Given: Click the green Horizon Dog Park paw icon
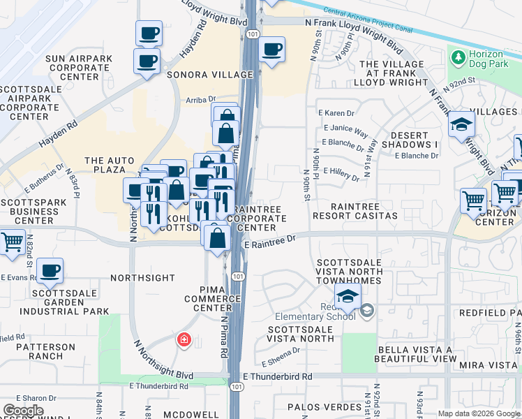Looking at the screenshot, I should (459, 56).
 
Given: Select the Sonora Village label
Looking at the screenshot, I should (209, 74).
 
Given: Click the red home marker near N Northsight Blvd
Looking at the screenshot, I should (184, 340).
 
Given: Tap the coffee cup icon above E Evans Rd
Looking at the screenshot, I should (50, 271).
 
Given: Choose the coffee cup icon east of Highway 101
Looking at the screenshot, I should (271, 50).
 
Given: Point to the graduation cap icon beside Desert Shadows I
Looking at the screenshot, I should (461, 124).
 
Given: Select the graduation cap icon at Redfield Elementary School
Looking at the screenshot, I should (348, 296).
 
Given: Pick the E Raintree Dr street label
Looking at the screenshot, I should (270, 239).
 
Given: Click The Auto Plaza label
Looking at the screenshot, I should (110, 165).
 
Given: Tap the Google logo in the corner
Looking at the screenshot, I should (23, 411).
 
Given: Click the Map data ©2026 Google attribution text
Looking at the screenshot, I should (479, 413).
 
